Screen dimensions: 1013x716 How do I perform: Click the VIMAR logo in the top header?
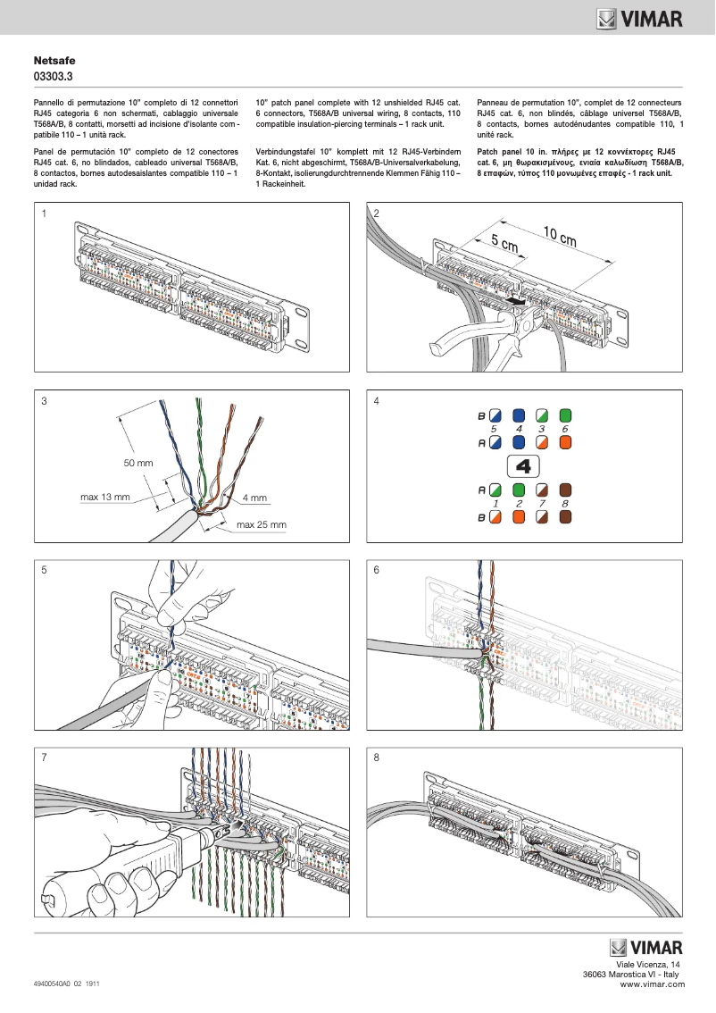click(640, 18)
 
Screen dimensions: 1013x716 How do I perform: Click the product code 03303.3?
click(53, 77)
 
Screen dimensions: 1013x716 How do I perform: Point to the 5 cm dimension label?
click(504, 242)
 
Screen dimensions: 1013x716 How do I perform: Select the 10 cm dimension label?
click(559, 237)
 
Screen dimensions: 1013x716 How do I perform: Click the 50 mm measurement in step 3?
click(138, 463)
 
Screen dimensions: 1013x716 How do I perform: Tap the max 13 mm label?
click(105, 497)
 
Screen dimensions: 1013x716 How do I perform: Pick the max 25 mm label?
click(261, 524)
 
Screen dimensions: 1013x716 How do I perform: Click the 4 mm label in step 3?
click(254, 498)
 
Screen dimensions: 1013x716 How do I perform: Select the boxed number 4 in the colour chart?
click(524, 466)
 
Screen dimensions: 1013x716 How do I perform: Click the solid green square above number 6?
click(565, 416)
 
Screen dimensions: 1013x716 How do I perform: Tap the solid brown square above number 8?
click(565, 490)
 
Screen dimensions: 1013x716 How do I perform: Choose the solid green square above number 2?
click(519, 490)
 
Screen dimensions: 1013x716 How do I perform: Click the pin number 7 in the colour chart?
click(541, 504)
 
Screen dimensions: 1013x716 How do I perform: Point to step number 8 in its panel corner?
click(377, 758)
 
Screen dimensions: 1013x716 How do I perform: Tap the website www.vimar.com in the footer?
click(652, 984)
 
